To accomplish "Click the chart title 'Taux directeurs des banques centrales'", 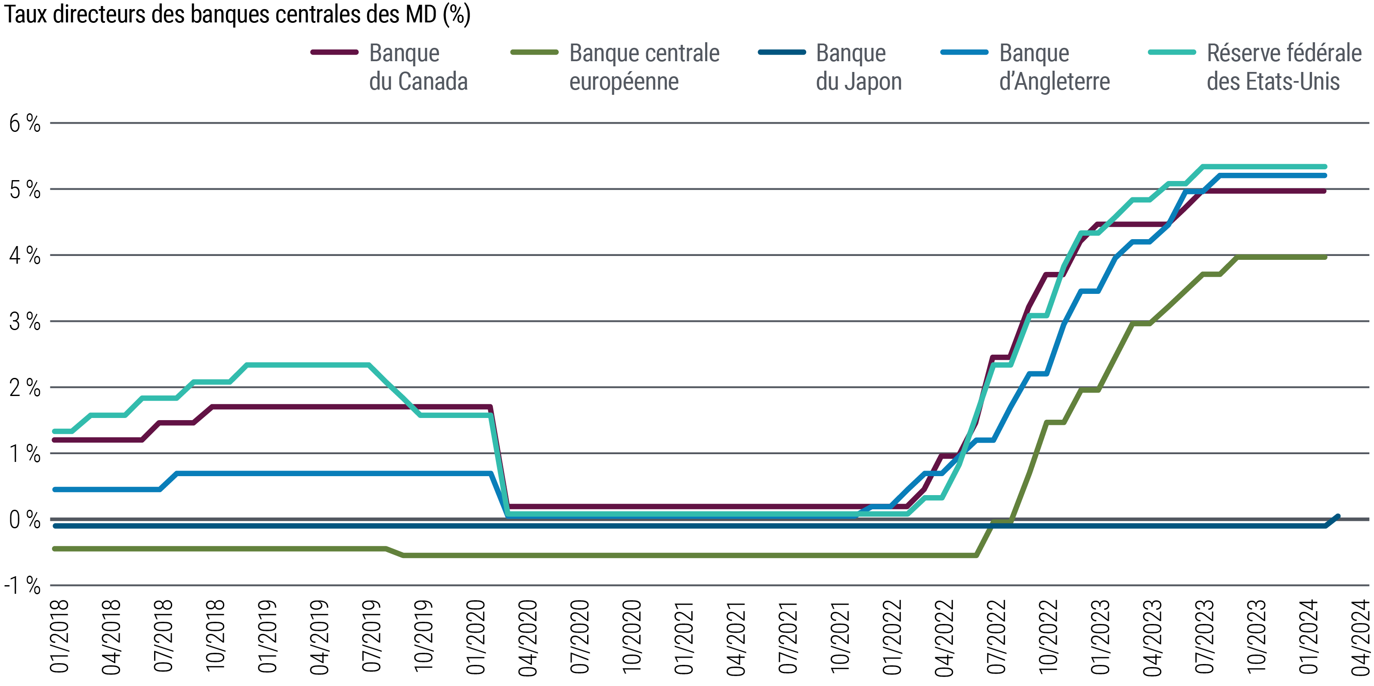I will [237, 15].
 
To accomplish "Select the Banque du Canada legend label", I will [418, 67].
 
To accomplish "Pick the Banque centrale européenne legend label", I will [644, 67].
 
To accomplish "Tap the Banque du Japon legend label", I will [858, 67].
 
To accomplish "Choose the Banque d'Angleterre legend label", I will [1054, 67].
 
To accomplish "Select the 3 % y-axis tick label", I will [25, 322].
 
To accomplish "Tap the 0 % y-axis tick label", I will [25, 520].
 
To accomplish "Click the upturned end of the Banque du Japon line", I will [1338, 516].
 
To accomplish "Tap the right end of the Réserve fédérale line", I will [1325, 167].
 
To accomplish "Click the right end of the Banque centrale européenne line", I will [1325, 257].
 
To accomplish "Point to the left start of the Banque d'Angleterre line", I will [54, 490].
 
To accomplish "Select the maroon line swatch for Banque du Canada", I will [334, 52].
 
